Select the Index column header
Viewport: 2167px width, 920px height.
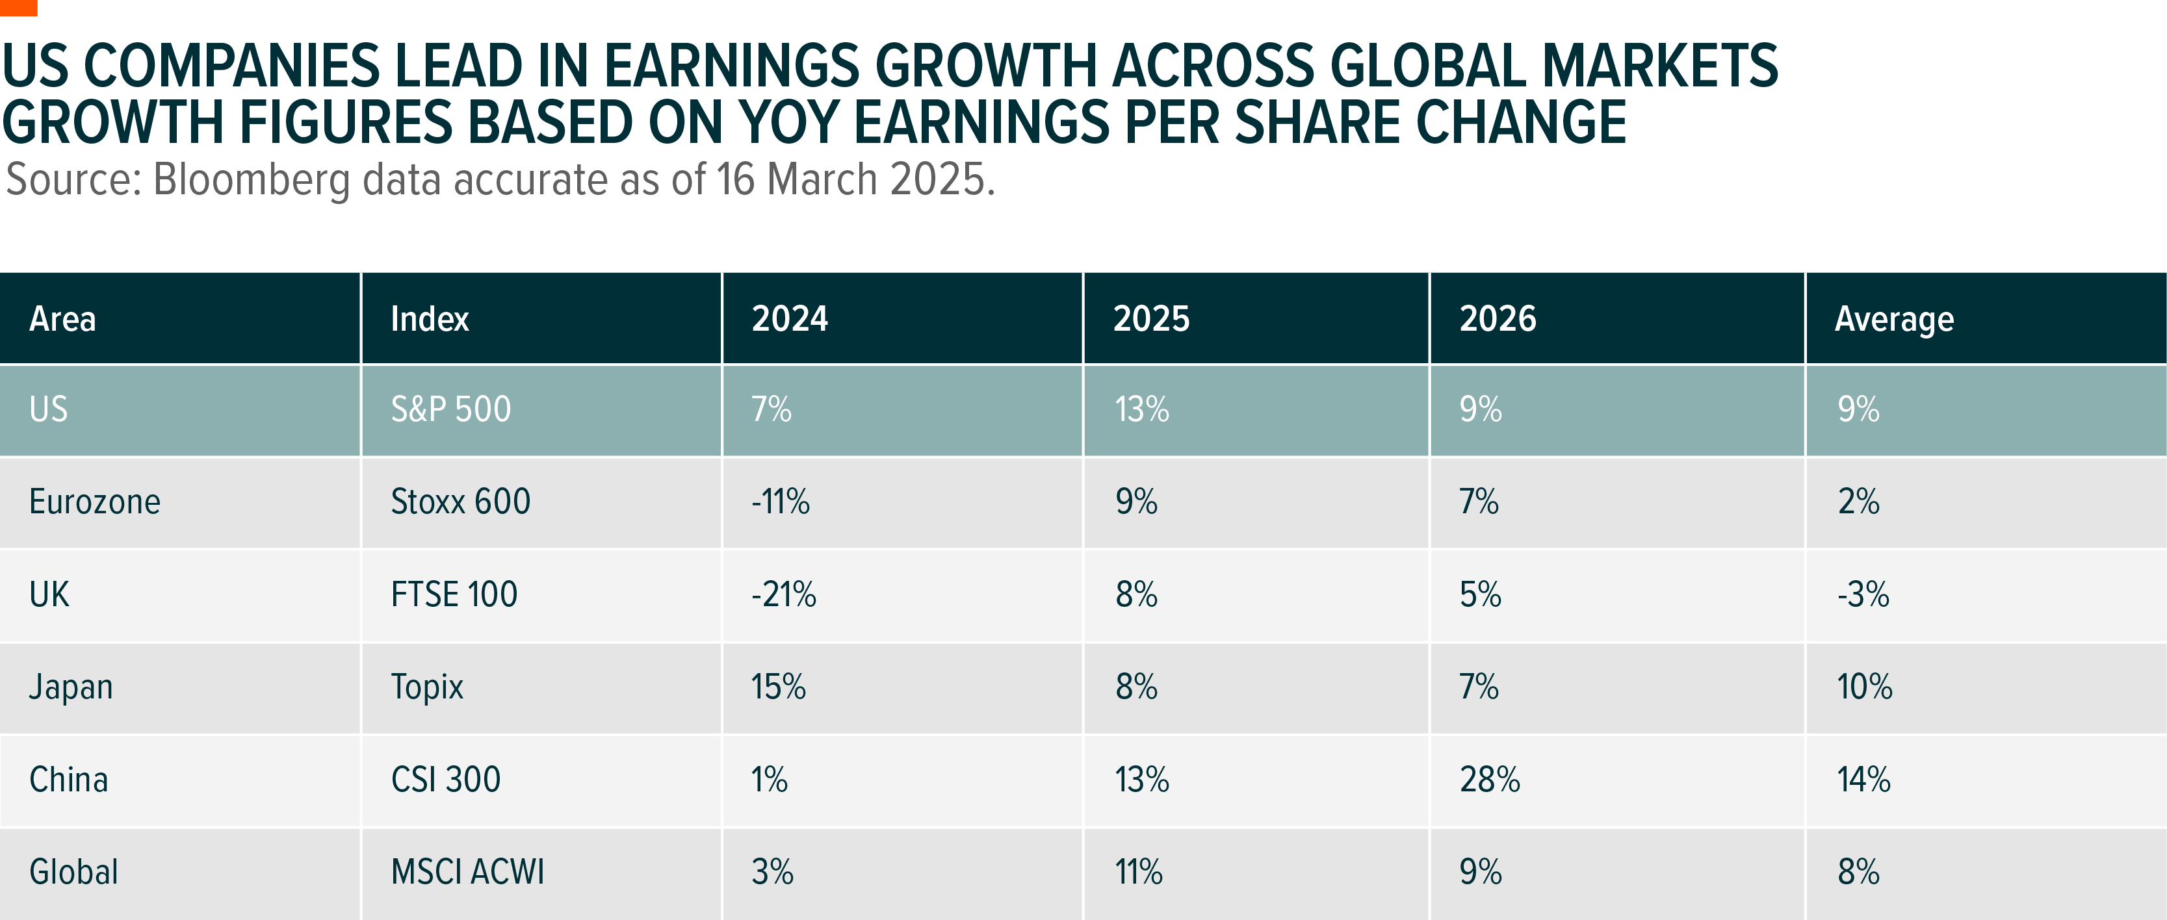(x=430, y=320)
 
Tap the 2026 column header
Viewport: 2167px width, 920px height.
(x=1498, y=320)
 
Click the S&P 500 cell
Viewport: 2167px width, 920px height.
(x=451, y=409)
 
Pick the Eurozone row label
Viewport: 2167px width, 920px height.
(x=95, y=502)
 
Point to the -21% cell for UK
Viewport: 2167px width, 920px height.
(x=783, y=594)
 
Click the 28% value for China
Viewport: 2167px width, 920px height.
(x=1490, y=780)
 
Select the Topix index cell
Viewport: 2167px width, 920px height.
(x=427, y=687)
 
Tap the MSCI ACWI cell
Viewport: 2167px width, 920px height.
(x=468, y=872)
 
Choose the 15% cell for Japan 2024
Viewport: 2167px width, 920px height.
(x=778, y=687)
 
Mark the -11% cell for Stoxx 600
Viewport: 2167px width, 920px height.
(x=781, y=502)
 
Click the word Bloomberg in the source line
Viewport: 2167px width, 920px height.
(x=252, y=180)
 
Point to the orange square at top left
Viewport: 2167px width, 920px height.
(x=18, y=8)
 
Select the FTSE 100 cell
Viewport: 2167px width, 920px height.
(x=454, y=594)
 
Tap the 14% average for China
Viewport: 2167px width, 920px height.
(x=1863, y=780)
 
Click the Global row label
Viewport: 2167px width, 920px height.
(x=74, y=872)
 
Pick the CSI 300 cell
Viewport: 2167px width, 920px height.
(x=446, y=780)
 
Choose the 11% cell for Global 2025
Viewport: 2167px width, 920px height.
(x=1139, y=872)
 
